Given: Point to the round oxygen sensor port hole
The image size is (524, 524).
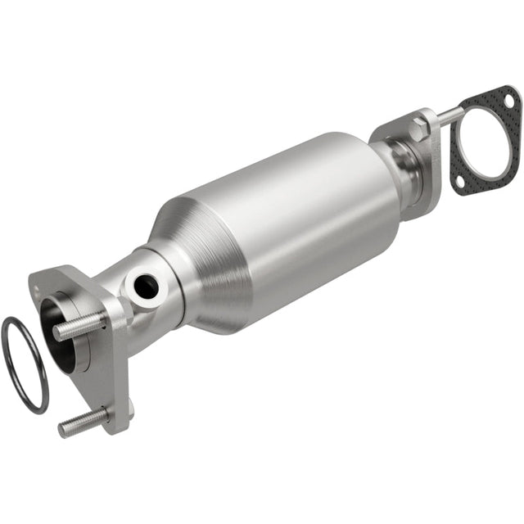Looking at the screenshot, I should click(147, 287).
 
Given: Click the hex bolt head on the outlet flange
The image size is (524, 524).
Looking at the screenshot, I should click(420, 126).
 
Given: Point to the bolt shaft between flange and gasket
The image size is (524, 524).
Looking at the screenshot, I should click(448, 116).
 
